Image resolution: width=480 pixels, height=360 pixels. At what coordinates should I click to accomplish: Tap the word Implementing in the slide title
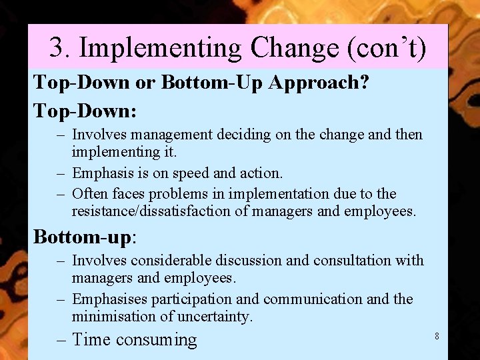click(x=160, y=48)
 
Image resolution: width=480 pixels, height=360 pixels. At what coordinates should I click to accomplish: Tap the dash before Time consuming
click(x=62, y=340)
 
